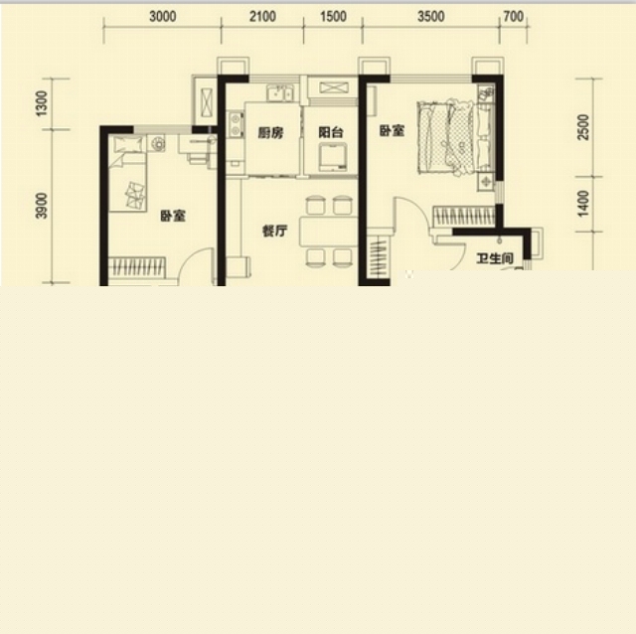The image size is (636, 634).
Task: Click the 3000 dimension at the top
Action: coord(163,17)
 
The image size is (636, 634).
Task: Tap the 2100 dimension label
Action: coord(262,17)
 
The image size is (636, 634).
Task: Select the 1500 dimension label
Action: coord(334,17)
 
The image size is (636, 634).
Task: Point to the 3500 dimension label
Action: coord(431,17)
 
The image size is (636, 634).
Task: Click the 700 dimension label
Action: coord(514,17)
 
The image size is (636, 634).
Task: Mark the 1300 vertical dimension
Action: coord(42,103)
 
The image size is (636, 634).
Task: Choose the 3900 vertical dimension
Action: coord(42,206)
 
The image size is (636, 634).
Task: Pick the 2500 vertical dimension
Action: coord(583,127)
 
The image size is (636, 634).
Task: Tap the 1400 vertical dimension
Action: coord(583,204)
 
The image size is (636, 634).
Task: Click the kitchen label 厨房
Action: coord(270,132)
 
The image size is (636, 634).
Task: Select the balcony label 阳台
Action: coord(331,132)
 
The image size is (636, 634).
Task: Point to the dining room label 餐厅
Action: coord(274,232)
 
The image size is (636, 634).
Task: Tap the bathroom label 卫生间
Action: coord(495,258)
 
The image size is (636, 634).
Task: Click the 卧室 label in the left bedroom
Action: coord(173,216)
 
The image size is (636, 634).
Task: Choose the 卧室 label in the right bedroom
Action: coord(392,130)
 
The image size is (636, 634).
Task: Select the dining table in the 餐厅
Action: coord(329,232)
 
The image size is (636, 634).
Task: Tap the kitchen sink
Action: coord(280,92)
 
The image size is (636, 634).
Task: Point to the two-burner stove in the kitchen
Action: coord(235,123)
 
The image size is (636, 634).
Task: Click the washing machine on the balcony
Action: coord(333,157)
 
